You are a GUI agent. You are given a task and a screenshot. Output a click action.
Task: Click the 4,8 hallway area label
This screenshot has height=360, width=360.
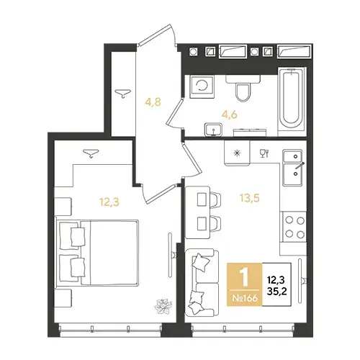coord(153,102)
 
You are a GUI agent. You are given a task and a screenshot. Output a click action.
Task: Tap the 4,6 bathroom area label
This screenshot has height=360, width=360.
coord(230,114)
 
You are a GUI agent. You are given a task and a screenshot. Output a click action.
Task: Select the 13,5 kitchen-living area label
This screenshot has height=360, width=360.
coord(250,198)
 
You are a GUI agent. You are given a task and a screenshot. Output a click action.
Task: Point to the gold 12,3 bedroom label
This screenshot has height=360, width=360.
coord(109,202)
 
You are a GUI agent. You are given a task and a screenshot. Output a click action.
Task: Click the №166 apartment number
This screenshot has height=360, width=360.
coord(245,298)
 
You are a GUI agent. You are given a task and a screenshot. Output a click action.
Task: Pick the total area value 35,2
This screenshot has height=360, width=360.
coord(277,292)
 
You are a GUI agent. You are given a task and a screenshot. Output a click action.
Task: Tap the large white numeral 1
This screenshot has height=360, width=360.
coord(245,278)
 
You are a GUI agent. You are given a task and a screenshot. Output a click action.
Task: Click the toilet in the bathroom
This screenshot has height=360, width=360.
coord(243,88)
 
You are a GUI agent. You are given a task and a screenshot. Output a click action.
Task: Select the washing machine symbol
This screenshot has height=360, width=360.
coord(202,86)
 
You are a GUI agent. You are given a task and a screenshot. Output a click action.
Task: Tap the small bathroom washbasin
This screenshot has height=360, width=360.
coord(213,130)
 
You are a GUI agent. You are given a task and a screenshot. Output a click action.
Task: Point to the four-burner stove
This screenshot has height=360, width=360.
coord(294,227)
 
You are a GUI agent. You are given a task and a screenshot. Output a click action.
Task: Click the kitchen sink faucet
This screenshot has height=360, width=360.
coord(300,166)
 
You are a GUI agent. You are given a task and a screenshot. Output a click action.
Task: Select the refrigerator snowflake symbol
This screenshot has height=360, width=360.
coord(237,153)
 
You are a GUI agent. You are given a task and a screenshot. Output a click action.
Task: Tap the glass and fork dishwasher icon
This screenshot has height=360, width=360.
coord(264,153)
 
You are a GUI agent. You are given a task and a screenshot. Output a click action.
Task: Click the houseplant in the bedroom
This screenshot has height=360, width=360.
coord(163,307)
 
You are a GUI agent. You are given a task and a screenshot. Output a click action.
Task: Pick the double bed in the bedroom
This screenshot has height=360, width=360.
coord(97,253)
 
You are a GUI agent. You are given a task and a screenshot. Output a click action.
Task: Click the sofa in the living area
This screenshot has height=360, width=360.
coord(202,282)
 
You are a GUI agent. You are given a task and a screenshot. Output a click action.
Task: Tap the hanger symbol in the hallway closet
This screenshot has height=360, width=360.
coord(122,93)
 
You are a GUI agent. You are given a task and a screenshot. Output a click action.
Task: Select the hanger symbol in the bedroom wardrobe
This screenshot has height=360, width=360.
coord(91,153)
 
